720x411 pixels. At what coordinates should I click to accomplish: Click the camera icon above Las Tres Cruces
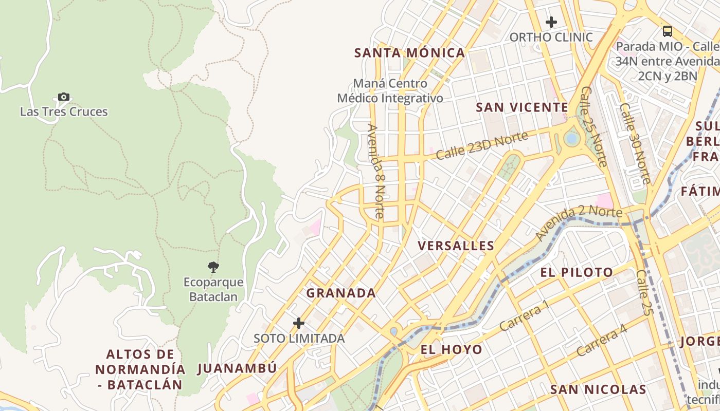[64, 97]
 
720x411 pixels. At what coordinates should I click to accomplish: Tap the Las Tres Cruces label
[64, 111]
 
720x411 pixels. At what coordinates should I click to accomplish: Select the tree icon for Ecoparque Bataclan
[213, 267]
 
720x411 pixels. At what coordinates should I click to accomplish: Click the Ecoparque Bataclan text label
[213, 289]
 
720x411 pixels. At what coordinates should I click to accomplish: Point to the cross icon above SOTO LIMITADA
[299, 323]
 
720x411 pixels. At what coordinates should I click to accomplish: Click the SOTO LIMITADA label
[299, 339]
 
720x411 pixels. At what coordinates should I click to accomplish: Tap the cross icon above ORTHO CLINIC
[551, 22]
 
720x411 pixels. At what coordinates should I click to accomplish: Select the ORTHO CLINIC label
[551, 38]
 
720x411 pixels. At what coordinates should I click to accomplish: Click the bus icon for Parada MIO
[668, 31]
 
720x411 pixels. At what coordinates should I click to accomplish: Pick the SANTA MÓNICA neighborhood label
[410, 53]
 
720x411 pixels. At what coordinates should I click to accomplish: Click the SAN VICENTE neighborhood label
[521, 107]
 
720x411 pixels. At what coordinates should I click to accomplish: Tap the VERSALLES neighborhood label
[456, 246]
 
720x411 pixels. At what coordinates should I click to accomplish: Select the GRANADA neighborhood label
[341, 293]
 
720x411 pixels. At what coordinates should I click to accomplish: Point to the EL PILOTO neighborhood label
[577, 272]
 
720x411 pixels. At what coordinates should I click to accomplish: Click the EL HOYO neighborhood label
[452, 350]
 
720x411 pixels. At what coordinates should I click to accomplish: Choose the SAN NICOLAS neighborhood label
[598, 389]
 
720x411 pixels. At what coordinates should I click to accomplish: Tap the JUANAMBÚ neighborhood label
[237, 368]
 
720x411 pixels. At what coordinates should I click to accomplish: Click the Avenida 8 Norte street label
[376, 171]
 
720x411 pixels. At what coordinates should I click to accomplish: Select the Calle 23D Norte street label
[482, 145]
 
